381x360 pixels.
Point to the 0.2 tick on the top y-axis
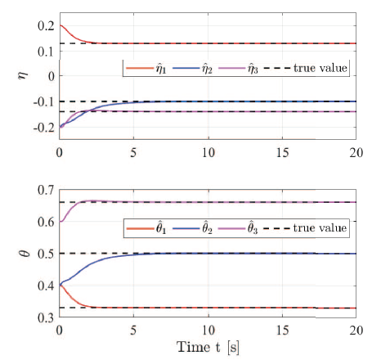[43, 26]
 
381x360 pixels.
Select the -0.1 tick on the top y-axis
[39, 101]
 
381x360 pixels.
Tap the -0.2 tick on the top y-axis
[39, 127]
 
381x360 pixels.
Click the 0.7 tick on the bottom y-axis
[43, 191]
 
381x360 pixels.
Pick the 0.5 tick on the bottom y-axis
[43, 254]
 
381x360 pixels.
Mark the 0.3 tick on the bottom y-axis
[43, 317]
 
